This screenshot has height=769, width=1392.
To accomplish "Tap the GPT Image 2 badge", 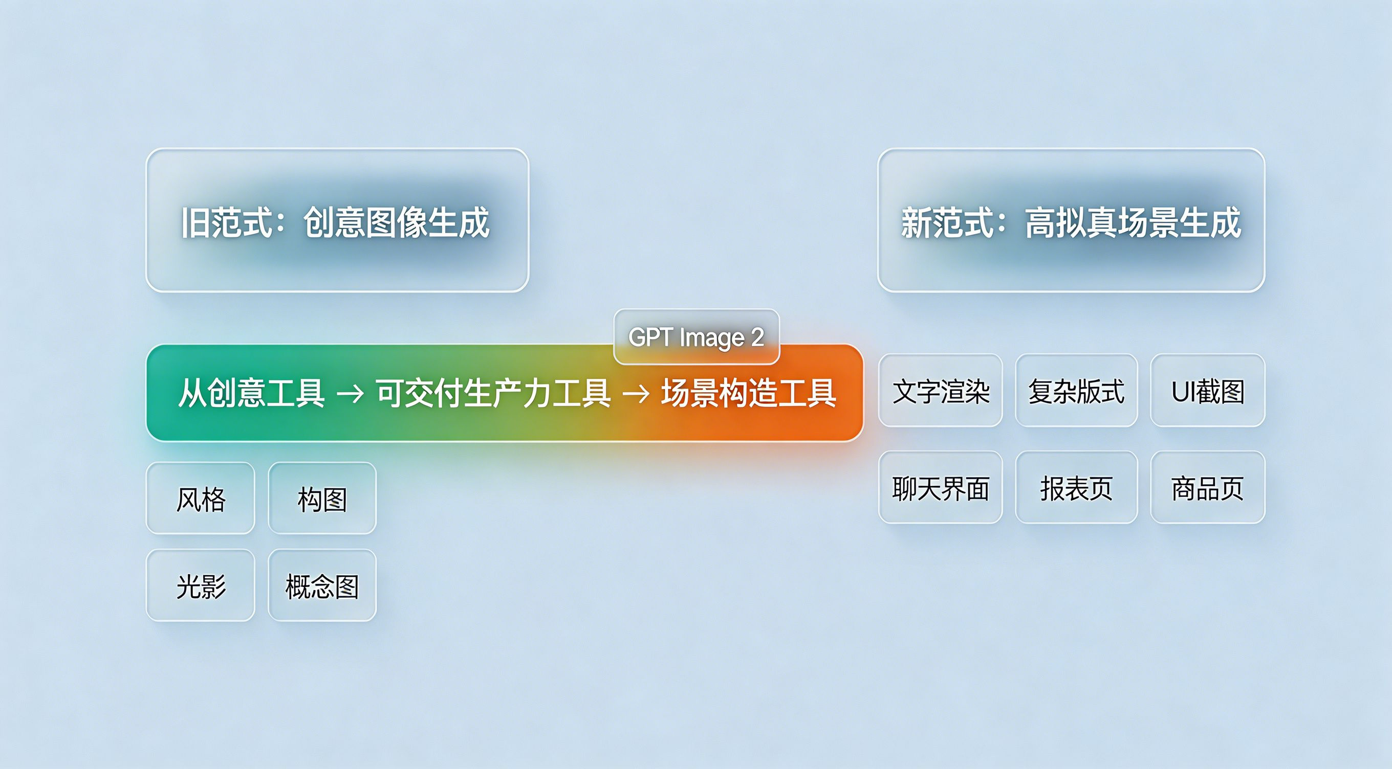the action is (697, 337).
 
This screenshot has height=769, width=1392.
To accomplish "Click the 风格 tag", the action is (201, 498).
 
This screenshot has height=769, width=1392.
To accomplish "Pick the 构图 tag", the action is (322, 498).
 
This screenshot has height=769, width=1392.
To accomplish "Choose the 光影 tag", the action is (201, 585).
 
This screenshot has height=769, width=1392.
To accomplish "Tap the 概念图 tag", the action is (322, 585).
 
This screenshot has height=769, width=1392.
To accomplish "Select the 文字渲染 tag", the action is (940, 391).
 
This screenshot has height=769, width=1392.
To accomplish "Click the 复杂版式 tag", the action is (1076, 391).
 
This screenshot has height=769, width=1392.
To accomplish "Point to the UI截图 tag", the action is (1208, 391).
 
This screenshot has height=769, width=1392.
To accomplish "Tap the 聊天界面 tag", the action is (940, 487).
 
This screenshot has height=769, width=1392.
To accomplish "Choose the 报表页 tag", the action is (1076, 487).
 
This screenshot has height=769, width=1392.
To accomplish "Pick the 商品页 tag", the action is (1208, 487).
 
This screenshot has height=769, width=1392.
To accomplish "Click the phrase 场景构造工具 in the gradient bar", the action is (749, 393).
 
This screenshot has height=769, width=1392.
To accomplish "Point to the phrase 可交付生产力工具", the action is (493, 393).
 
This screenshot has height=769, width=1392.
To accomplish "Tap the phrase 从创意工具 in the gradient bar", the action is (252, 393).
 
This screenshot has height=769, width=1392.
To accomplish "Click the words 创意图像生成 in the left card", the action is (397, 222).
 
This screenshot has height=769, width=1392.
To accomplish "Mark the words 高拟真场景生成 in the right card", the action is (1133, 222).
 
